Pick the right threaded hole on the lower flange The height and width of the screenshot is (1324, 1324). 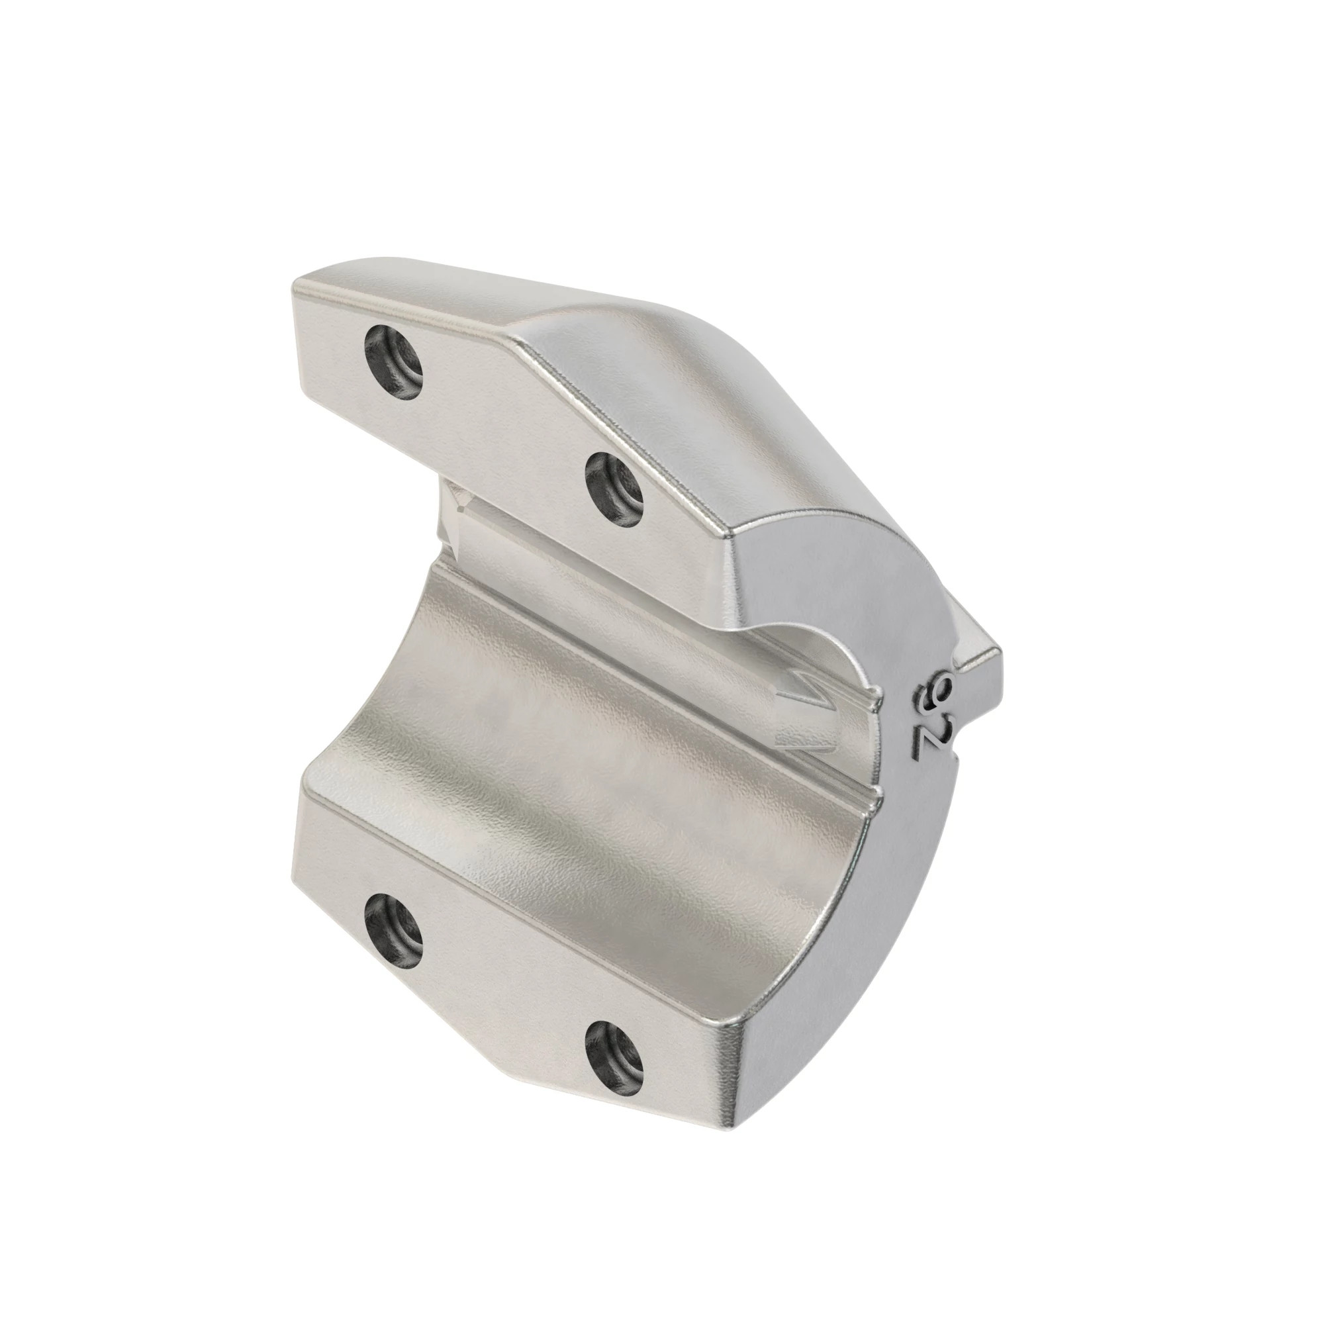tap(615, 1056)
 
